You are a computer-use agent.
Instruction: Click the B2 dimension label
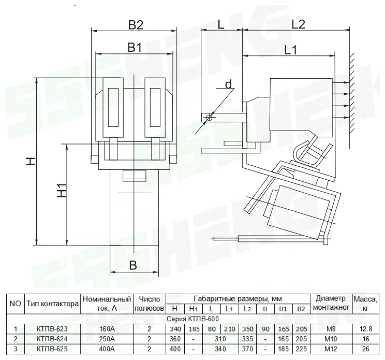point(136,25)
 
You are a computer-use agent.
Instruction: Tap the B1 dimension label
point(135,47)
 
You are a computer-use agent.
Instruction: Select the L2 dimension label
point(298,24)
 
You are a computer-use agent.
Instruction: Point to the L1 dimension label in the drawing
point(291,50)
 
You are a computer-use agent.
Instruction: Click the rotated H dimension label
point(31,161)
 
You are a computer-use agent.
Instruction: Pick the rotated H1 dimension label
point(62,190)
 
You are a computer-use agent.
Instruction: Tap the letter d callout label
point(228,84)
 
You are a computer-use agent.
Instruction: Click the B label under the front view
point(133,265)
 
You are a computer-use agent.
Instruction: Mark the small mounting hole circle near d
point(209,118)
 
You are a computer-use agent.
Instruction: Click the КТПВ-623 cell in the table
point(52,329)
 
